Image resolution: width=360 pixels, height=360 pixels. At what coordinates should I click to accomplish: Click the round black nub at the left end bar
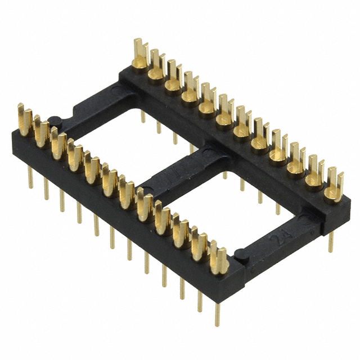tap(55, 120)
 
